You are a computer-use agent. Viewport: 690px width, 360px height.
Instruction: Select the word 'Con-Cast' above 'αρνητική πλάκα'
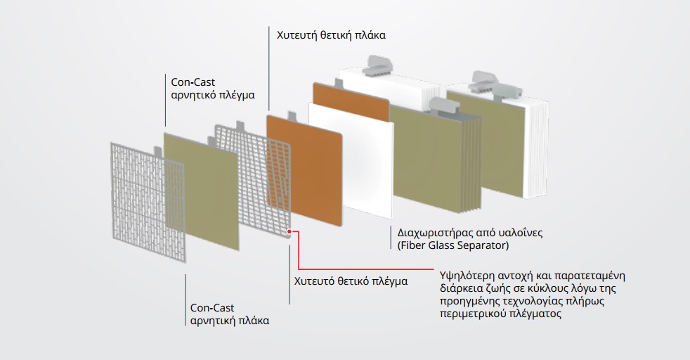210,307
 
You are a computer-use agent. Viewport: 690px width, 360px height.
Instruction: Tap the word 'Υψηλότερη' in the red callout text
466,274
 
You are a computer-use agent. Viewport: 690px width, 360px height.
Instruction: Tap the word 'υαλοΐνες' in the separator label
522,232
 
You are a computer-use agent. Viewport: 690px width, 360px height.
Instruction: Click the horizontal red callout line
365,268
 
